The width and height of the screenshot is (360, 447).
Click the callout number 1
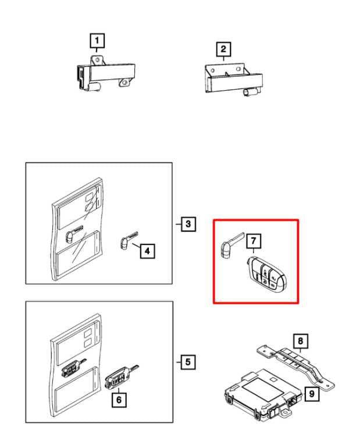click(97, 40)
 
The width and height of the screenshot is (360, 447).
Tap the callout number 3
click(187, 223)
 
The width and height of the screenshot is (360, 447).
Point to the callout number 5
click(187, 362)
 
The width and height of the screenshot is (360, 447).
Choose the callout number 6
click(119, 400)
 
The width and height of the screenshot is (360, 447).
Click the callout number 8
click(300, 339)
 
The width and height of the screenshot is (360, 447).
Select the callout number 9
click(312, 394)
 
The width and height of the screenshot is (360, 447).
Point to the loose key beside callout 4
click(124, 242)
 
